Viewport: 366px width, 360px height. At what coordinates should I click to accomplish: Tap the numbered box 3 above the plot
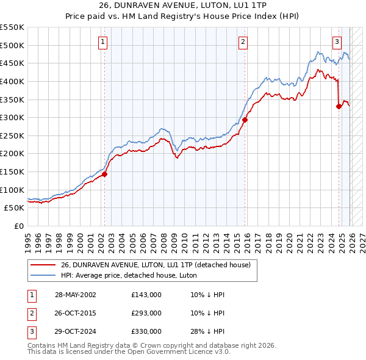coord(337,41)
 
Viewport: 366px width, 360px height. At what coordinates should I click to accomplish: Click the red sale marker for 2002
coord(104,174)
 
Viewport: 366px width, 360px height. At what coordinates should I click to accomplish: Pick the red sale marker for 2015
coord(245,120)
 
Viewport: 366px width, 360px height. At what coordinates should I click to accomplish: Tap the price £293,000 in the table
coord(146,313)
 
